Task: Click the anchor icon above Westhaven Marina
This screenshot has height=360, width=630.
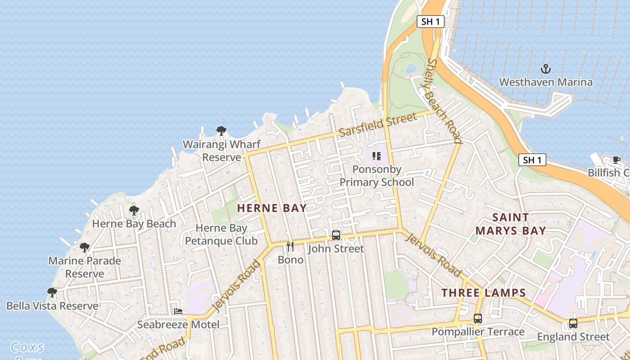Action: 545,69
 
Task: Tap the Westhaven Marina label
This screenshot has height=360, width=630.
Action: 545,82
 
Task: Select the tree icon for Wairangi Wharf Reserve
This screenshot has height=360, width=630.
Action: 221,131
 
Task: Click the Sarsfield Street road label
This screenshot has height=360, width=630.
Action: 378,125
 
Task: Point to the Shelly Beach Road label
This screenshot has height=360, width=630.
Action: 445,101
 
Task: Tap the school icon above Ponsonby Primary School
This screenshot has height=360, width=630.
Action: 377,156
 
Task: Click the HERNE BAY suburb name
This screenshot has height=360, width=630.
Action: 272,208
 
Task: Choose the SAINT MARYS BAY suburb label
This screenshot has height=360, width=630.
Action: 510,224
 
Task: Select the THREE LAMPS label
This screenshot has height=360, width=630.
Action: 483,293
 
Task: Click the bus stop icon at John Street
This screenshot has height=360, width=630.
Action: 336,235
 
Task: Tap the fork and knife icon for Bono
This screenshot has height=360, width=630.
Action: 290,247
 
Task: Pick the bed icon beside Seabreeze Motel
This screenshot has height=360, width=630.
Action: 178,311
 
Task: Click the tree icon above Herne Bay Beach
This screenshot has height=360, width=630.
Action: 134,210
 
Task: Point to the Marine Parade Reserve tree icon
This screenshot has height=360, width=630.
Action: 85,247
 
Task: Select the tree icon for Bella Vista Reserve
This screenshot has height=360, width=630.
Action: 52,292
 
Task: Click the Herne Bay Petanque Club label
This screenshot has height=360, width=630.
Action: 221,234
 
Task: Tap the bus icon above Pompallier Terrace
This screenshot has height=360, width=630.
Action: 477,319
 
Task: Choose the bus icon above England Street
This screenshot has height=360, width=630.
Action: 573,323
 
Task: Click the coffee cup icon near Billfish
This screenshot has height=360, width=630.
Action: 616,160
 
